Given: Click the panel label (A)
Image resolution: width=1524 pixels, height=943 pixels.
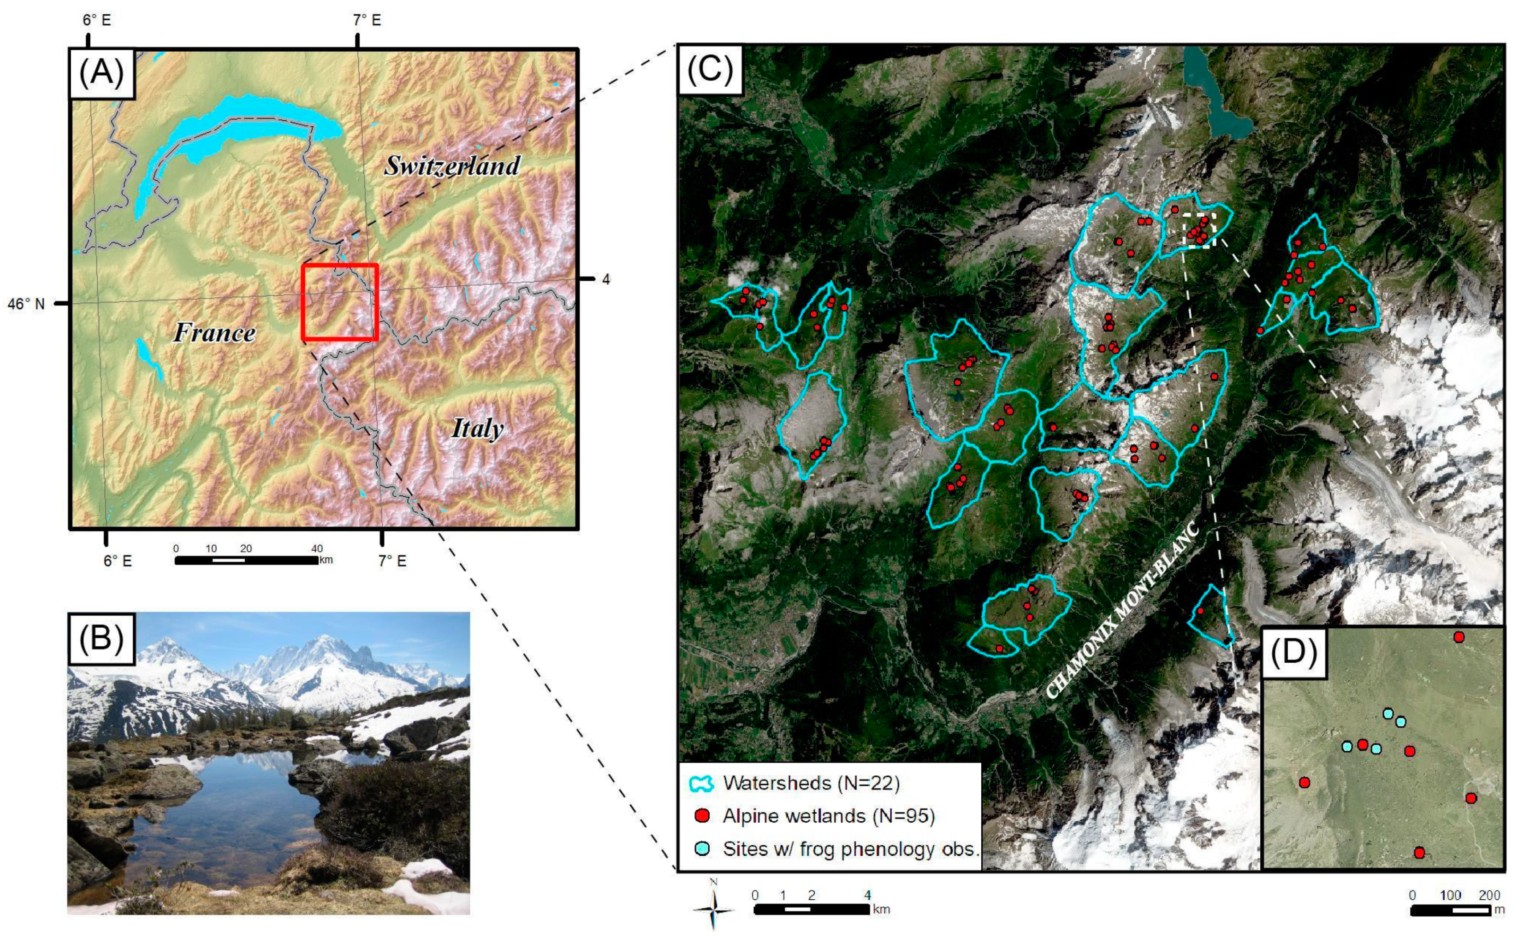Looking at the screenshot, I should click(102, 73).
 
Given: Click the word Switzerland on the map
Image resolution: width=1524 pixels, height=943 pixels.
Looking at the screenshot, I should click(451, 165).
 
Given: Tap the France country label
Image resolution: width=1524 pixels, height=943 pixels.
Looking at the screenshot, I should click(214, 332).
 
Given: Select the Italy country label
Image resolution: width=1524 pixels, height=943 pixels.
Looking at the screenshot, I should click(477, 429).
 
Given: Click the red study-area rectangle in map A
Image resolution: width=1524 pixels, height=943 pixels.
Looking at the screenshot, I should click(340, 302).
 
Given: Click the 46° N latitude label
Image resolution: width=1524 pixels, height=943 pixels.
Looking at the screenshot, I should click(26, 304).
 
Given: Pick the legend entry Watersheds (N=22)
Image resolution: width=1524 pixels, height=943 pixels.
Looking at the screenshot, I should click(810, 783).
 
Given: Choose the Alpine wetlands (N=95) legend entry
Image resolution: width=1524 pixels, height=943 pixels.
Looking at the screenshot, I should click(828, 816).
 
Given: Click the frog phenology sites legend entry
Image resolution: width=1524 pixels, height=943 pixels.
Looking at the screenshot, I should click(850, 849).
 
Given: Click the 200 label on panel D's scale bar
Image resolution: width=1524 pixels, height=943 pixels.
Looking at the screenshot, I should click(1489, 896).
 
